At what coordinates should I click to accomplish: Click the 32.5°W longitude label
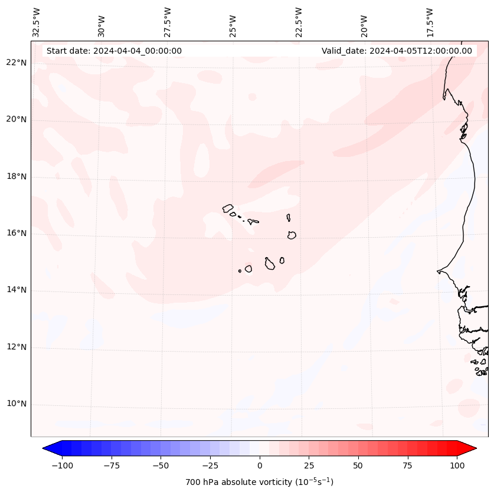(37, 22)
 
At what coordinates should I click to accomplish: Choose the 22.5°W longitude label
(299, 22)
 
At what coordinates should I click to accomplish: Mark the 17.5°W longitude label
(430, 22)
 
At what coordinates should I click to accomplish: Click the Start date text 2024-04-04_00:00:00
(114, 51)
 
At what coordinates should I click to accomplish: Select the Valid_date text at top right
(397, 51)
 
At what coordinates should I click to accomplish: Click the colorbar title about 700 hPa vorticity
(259, 482)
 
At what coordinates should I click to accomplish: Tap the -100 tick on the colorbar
(62, 466)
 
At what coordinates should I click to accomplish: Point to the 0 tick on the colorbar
(259, 466)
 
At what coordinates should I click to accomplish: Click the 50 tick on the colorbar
(358, 466)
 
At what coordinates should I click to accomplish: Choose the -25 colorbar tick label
(210, 466)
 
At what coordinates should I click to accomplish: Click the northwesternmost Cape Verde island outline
(228, 208)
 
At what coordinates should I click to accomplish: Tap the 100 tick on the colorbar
(456, 466)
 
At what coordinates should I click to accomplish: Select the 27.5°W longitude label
(168, 22)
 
